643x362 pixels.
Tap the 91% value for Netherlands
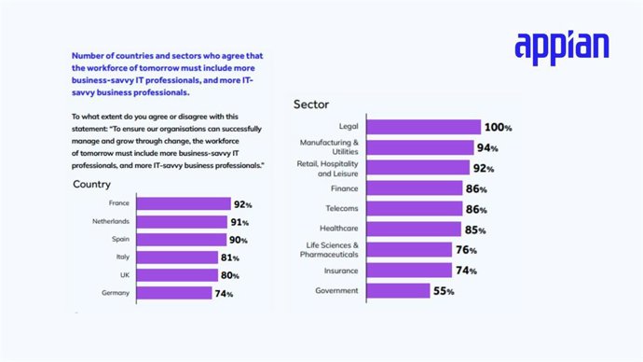tap(239, 222)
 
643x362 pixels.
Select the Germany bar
tap(174, 293)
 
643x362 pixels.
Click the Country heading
tap(92, 185)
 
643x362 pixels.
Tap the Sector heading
tap(311, 104)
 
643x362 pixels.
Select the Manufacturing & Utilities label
tap(329, 147)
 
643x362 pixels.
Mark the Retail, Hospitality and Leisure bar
tap(409, 168)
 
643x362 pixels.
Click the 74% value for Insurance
tap(466, 271)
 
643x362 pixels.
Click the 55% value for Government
tap(444, 292)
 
